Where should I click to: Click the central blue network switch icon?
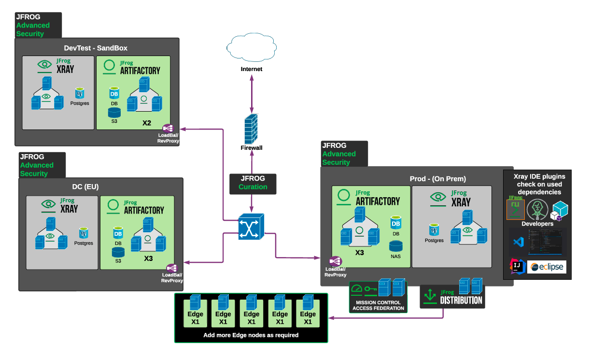coord(251,227)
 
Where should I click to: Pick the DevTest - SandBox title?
coord(96,48)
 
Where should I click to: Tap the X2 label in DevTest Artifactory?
coord(147,123)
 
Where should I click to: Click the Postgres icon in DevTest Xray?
coord(80,93)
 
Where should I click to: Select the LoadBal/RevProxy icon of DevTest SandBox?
coord(168,128)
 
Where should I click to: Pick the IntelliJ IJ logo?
coord(517,266)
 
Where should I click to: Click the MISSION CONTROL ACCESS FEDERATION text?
coord(378,305)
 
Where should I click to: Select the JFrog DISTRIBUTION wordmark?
coord(461,300)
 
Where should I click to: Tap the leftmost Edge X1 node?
coord(196,310)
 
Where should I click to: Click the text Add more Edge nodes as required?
coord(251,335)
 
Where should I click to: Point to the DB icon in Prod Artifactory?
coord(395,223)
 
